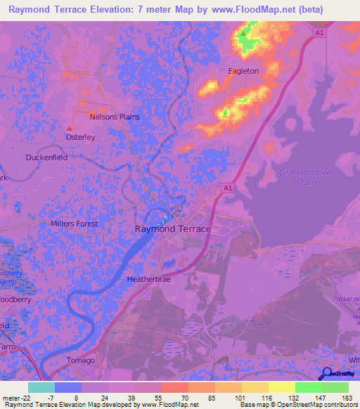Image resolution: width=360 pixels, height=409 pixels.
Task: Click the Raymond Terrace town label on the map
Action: (x=172, y=229)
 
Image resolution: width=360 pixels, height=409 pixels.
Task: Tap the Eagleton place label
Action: (x=243, y=71)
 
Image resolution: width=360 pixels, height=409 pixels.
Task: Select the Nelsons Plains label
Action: (x=115, y=117)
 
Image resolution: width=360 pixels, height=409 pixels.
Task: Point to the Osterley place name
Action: (x=80, y=138)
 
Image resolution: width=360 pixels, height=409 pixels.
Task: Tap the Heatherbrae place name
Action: (x=150, y=279)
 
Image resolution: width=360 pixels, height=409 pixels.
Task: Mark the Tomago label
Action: (x=81, y=361)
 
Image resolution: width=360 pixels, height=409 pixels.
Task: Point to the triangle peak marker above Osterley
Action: (x=70, y=128)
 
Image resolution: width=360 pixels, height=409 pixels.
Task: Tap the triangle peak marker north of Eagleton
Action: (x=243, y=33)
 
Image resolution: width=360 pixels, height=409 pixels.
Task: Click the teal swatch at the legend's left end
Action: (x=41, y=387)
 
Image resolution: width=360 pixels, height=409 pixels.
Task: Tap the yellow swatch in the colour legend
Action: (x=282, y=387)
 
